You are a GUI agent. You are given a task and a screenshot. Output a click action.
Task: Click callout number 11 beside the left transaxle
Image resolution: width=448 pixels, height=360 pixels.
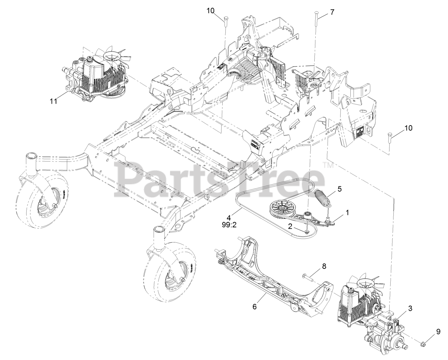tap(53, 102)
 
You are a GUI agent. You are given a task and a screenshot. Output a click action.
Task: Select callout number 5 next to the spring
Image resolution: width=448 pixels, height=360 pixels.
tap(339, 189)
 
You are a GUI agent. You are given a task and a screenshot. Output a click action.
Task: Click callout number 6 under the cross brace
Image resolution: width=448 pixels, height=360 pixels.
tap(254, 306)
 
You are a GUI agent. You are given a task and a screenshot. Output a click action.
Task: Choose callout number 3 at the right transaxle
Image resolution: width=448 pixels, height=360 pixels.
tap(410, 309)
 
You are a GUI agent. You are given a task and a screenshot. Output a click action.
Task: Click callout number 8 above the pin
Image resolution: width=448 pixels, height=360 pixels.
tap(324, 266)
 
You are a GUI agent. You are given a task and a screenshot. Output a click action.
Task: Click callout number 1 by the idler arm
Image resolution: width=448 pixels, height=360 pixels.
tap(347, 212)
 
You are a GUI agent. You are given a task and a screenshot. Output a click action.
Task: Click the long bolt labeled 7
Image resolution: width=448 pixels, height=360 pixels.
tap(316, 19)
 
